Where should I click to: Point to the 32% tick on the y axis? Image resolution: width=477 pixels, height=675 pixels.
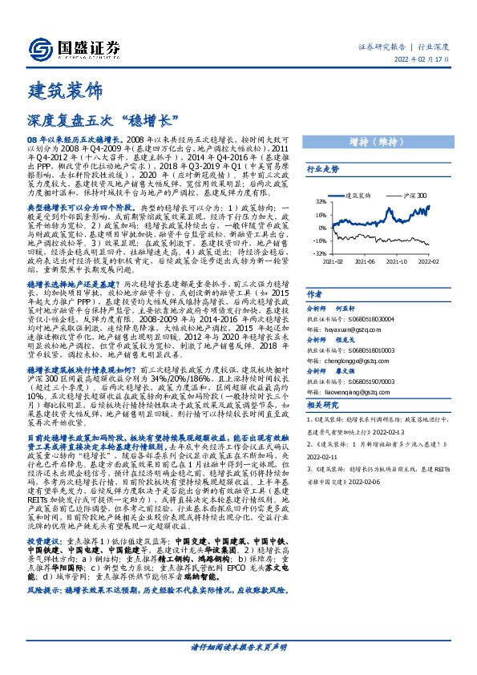[320, 202]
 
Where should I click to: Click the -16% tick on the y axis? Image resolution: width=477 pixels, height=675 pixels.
[319, 240]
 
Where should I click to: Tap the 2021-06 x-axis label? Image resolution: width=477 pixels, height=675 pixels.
[366, 261]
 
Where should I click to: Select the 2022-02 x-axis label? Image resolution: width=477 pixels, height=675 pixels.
[428, 261]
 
